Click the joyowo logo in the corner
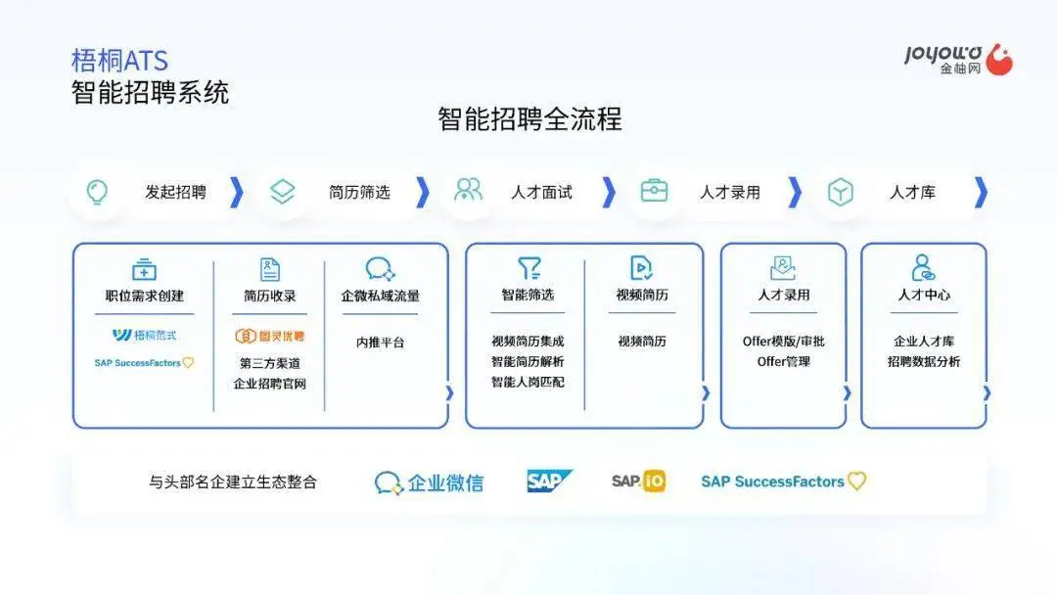click(x=958, y=60)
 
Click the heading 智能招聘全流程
click(x=529, y=119)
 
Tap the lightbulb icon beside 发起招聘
click(x=97, y=192)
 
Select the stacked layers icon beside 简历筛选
click(x=283, y=192)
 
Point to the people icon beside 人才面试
click(x=468, y=190)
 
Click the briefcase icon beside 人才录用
click(x=654, y=191)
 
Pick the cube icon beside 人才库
click(x=840, y=192)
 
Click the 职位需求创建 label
click(x=144, y=296)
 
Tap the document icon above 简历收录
click(x=270, y=269)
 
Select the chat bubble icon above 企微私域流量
click(x=380, y=268)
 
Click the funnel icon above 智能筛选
click(x=528, y=267)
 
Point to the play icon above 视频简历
click(x=640, y=267)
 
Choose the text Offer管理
click(x=783, y=361)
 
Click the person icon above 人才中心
click(x=923, y=267)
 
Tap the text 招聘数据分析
click(x=924, y=361)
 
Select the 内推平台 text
click(x=380, y=343)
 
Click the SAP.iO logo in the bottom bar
click(x=638, y=481)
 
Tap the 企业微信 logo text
click(x=429, y=482)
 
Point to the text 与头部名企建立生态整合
click(x=233, y=481)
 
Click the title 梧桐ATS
click(x=119, y=61)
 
